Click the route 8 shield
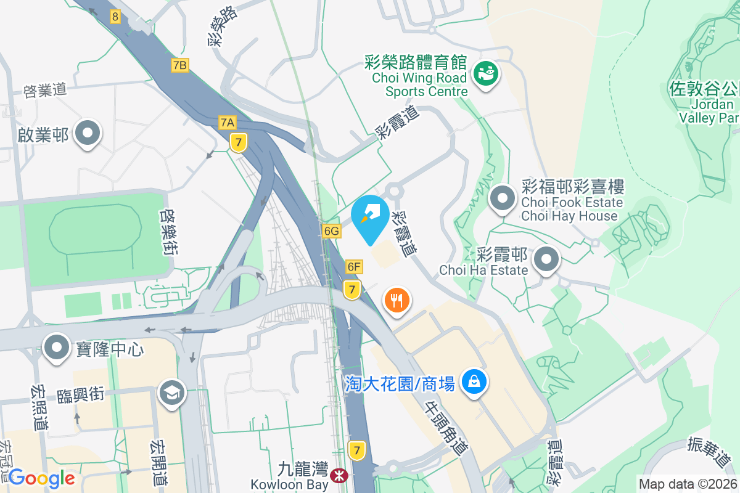coord(115,17)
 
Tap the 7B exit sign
coord(180,65)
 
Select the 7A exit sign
coord(227,123)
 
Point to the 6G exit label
coord(331,231)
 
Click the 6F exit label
coord(354,267)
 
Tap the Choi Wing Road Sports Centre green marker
coord(486,75)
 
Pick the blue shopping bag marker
coord(474,383)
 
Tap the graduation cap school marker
coord(172,393)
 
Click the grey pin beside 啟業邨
coord(87,133)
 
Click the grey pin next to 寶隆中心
coord(57,348)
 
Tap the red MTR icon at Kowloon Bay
coord(337,476)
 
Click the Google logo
coord(42,478)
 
